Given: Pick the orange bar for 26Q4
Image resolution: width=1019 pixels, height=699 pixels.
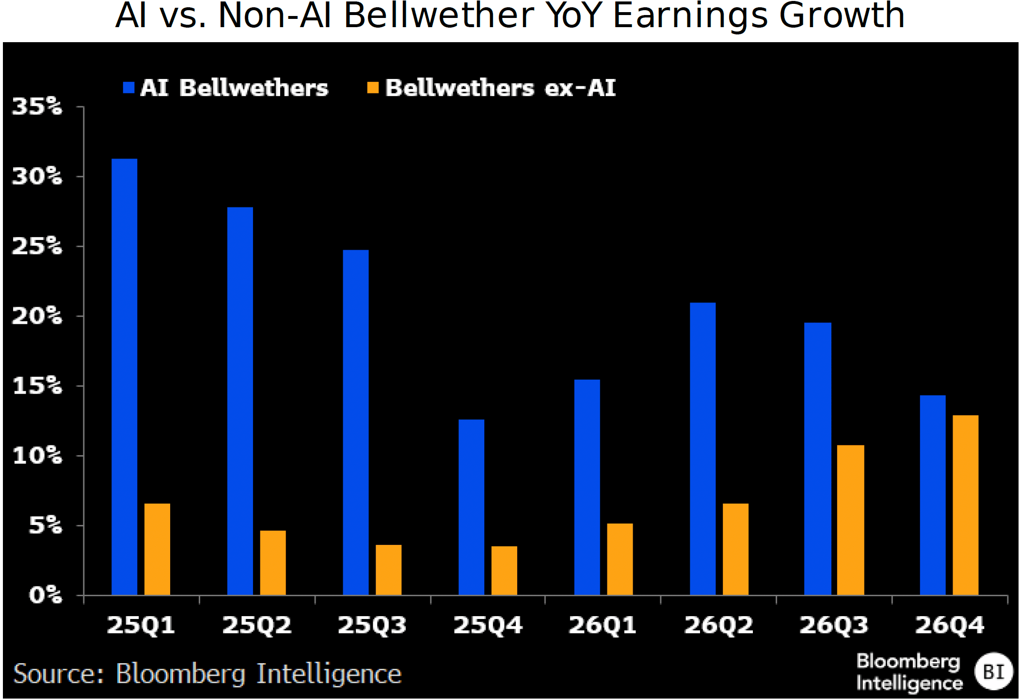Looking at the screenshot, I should pyautogui.click(x=965, y=505).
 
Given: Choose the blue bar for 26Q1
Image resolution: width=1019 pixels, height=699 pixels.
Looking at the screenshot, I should pyautogui.click(x=587, y=487).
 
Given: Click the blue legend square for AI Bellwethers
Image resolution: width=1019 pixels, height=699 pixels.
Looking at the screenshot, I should pyautogui.click(x=128, y=88).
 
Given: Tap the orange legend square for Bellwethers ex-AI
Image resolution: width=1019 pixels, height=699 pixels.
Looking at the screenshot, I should pyautogui.click(x=373, y=88).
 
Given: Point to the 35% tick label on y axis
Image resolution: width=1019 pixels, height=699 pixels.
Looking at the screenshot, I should pyautogui.click(x=37, y=106).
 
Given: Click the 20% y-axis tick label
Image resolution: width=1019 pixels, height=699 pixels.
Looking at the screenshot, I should pyautogui.click(x=37, y=316).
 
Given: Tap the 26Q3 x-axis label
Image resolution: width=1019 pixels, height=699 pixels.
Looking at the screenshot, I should pyautogui.click(x=834, y=625).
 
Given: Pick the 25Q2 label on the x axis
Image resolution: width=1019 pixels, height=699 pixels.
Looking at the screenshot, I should pyautogui.click(x=257, y=625).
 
